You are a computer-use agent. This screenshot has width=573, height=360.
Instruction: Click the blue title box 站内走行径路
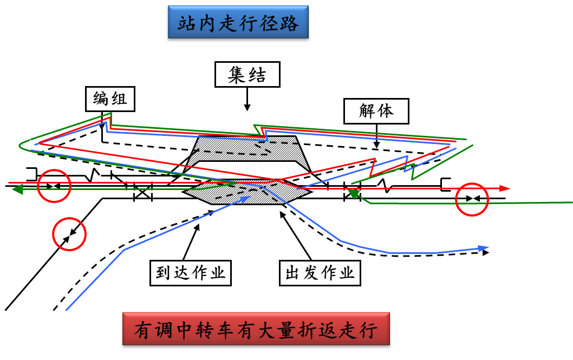(238, 24)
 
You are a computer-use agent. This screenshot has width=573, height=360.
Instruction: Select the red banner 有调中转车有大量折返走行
(256, 330)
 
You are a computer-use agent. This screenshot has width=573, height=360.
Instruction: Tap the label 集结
(247, 75)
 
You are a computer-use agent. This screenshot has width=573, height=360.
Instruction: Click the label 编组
(110, 100)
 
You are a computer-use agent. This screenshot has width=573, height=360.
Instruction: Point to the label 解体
(376, 112)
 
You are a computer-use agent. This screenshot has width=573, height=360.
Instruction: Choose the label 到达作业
(190, 273)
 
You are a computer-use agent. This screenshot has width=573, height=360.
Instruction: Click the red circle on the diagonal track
(69, 234)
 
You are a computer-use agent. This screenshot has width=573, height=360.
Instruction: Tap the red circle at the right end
(472, 200)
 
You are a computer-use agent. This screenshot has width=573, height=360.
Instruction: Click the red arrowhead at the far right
(505, 188)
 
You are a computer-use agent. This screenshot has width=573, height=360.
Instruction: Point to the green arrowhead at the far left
(17, 189)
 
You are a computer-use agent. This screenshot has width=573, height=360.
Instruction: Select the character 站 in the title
(187, 24)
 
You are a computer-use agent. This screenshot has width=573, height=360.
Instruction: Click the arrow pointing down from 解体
(376, 138)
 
